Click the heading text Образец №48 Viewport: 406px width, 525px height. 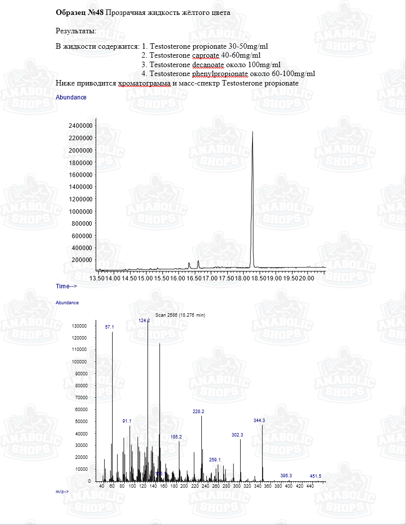click(x=80, y=13)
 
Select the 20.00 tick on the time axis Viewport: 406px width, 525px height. click(x=307, y=278)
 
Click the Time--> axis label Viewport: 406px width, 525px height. click(x=66, y=286)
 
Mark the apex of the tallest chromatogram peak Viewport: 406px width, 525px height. click(x=253, y=132)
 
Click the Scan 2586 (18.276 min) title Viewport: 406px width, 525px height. click(x=180, y=315)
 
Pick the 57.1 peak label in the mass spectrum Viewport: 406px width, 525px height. click(x=110, y=327)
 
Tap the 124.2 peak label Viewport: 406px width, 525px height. click(x=144, y=321)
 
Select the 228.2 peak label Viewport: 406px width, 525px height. click(x=198, y=412)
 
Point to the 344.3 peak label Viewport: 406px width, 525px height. click(x=259, y=421)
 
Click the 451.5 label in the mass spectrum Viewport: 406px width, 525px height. click(x=315, y=476)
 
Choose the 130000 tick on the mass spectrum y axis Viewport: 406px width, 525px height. click(x=80, y=326)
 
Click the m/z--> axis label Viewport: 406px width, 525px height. click(x=62, y=491)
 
